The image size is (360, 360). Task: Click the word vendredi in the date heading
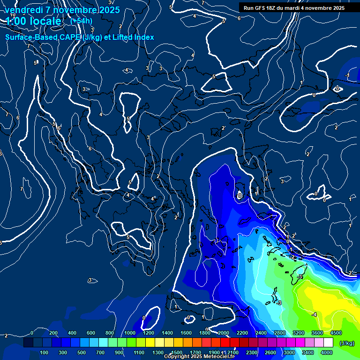(24, 10)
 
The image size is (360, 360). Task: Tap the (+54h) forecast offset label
(81, 21)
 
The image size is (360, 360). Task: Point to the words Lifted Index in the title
(132, 37)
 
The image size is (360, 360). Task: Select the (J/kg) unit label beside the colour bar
(346, 343)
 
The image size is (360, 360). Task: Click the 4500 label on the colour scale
(336, 333)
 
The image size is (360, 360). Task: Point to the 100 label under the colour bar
(45, 352)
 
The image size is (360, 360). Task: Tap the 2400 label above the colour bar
(261, 333)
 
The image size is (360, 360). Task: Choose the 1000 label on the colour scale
(129, 333)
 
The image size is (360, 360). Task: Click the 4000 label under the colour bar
(327, 352)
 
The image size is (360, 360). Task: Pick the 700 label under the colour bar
(101, 352)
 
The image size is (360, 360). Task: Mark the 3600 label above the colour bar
(317, 333)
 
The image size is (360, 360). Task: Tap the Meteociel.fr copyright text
(199, 357)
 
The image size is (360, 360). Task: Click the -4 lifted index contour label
(315, 314)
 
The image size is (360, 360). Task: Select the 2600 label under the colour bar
(270, 352)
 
